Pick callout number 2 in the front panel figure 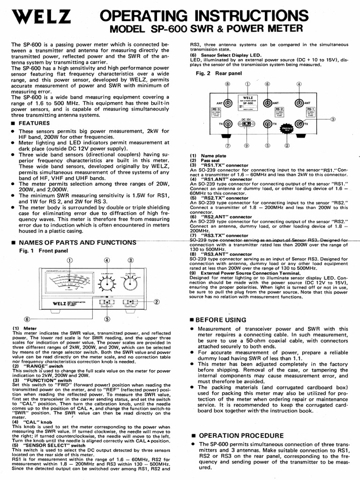pos(157,301)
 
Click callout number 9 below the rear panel pos(247,145)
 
